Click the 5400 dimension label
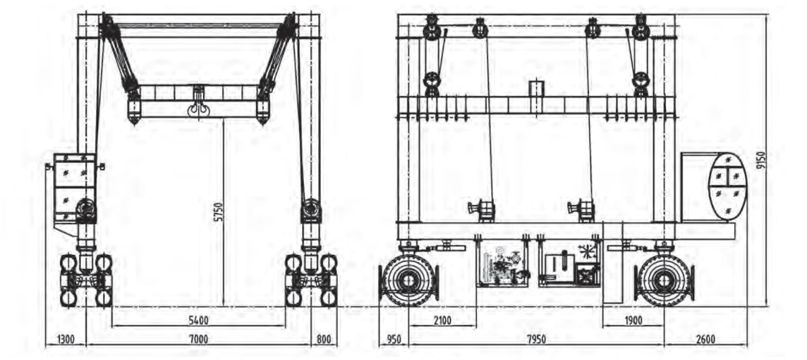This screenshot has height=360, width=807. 198,320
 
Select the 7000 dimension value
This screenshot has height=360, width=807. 198,339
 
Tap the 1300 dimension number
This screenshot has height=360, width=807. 66,339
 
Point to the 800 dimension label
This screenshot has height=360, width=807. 323,339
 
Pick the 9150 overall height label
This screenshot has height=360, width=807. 761,161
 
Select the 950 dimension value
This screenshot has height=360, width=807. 393,339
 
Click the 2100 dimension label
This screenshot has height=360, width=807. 442,320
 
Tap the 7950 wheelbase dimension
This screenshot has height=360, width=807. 536,339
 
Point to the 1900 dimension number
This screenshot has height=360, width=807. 633,320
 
